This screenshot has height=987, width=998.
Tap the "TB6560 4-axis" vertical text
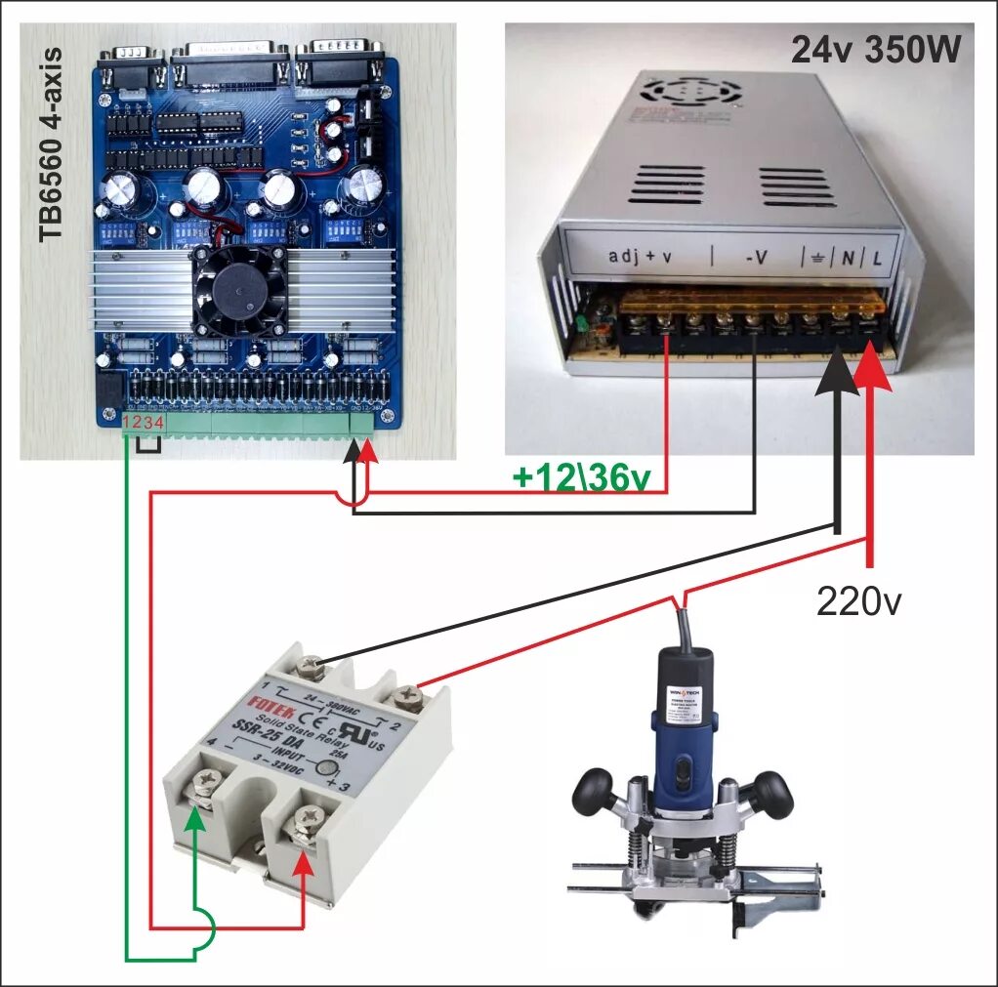51,144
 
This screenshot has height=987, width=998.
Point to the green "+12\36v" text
582,476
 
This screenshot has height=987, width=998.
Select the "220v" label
858,601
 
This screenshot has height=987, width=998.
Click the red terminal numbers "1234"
142,423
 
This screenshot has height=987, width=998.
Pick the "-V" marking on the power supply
756,257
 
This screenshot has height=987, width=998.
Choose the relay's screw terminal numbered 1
312,667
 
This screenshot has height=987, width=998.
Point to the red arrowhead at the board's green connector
367,453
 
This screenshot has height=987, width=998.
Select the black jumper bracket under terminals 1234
148,446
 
